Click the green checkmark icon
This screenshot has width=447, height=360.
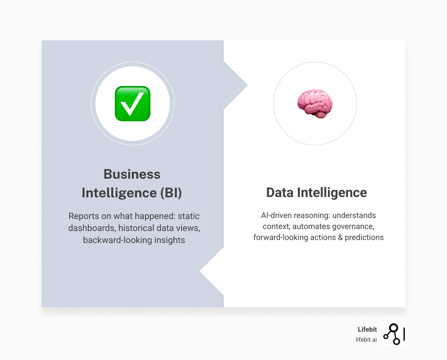pyautogui.click(x=132, y=104)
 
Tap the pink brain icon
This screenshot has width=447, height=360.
pyautogui.click(x=315, y=104)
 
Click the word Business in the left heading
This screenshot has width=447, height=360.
pyautogui.click(x=132, y=174)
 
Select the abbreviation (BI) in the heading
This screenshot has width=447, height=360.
pyautogui.click(x=171, y=193)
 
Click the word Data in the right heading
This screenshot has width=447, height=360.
pyautogui.click(x=280, y=193)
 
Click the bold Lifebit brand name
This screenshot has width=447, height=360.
pyautogui.click(x=367, y=329)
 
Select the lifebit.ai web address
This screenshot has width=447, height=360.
pyautogui.click(x=366, y=340)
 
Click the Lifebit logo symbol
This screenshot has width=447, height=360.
pyautogui.click(x=394, y=334)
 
